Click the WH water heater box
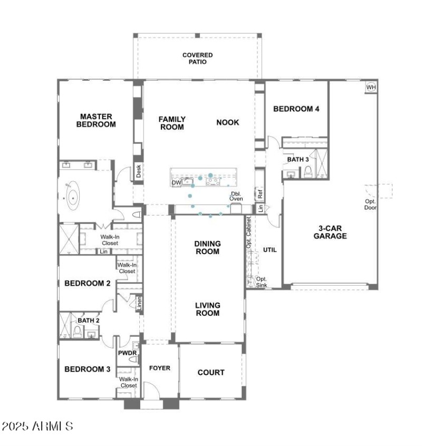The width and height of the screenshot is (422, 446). [x=371, y=87]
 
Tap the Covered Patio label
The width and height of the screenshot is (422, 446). [x=197, y=58]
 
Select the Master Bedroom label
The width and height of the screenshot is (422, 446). [x=95, y=120]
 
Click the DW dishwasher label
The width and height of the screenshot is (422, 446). [x=176, y=183]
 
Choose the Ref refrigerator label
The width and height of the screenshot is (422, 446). [x=260, y=193]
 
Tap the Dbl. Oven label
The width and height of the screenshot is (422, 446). [x=236, y=196]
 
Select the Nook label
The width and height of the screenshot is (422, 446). [x=227, y=122]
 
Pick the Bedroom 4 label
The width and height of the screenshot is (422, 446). [x=296, y=109]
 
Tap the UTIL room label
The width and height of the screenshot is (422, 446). [x=270, y=250]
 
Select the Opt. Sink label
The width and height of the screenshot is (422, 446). [x=261, y=282]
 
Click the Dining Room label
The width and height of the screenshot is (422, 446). [x=207, y=248]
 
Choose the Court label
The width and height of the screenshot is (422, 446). [x=211, y=372]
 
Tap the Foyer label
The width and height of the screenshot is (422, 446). [x=159, y=368]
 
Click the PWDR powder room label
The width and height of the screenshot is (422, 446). [x=127, y=353]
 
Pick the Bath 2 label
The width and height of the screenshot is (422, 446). [x=89, y=320]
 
